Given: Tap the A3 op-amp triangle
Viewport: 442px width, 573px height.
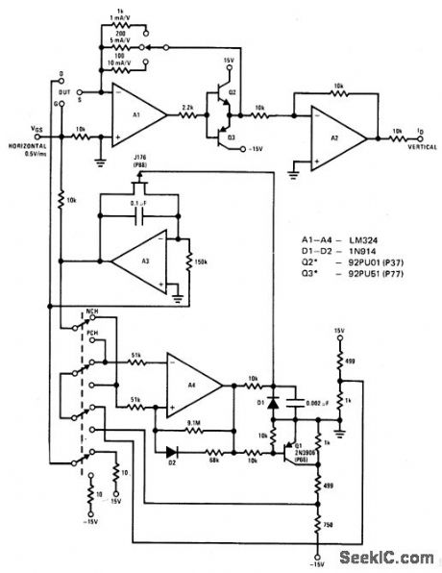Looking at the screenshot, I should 137,259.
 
